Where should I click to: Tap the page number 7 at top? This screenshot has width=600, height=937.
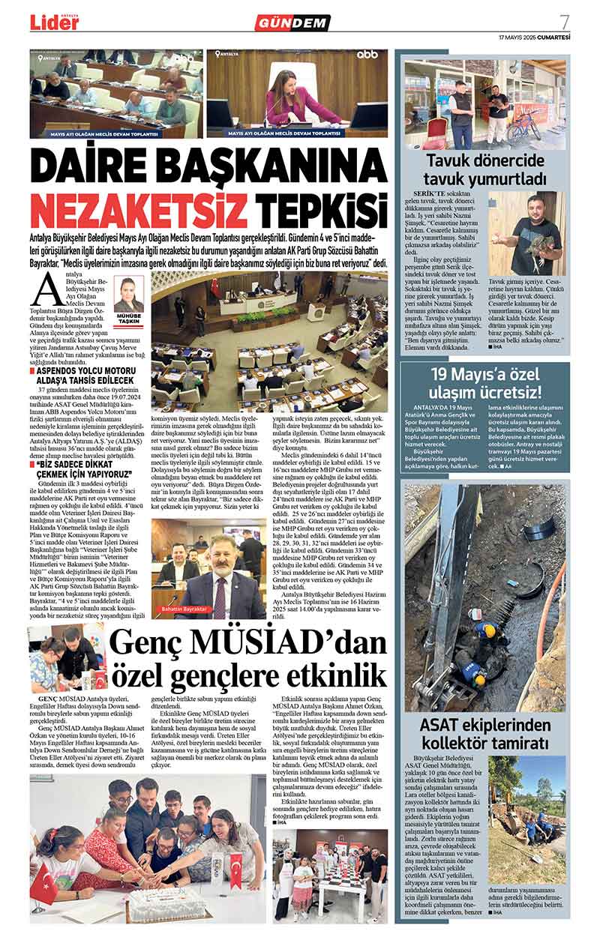click(x=564, y=21)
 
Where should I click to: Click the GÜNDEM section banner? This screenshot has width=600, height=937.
click(x=292, y=22)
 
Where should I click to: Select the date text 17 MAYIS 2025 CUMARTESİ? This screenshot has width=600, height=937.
click(x=534, y=37)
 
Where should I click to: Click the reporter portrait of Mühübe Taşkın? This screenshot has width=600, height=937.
click(x=129, y=296)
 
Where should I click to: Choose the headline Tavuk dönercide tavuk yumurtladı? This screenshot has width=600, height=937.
click(x=484, y=169)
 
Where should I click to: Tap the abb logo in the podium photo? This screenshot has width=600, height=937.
click(x=367, y=55)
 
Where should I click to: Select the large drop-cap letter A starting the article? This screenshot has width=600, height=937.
click(x=51, y=289)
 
